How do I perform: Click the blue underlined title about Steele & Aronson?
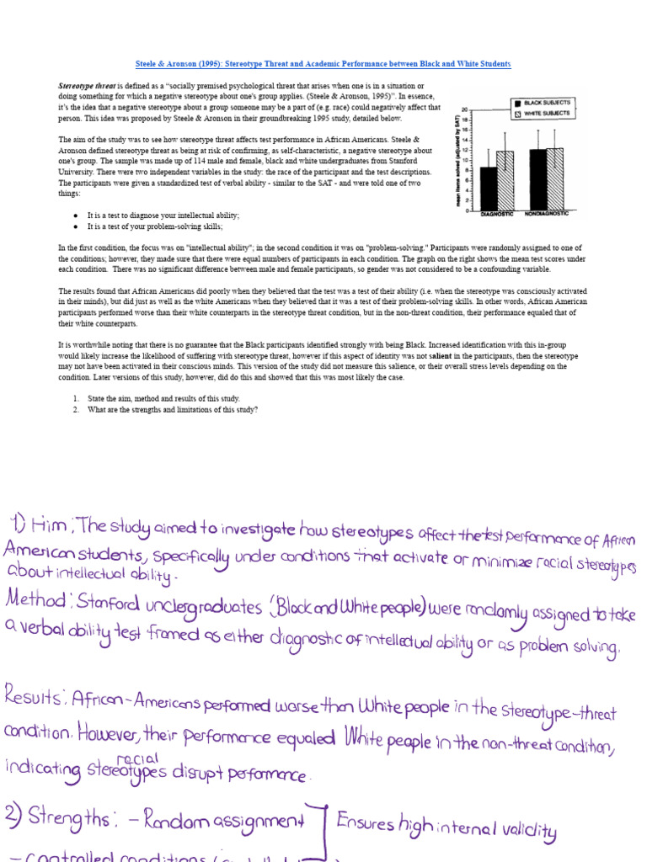(323, 64)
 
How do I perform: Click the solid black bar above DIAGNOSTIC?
(488, 188)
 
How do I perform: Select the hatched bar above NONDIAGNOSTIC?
(554, 178)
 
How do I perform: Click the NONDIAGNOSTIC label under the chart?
(546, 214)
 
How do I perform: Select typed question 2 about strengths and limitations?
(170, 409)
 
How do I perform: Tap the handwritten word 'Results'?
(35, 698)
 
